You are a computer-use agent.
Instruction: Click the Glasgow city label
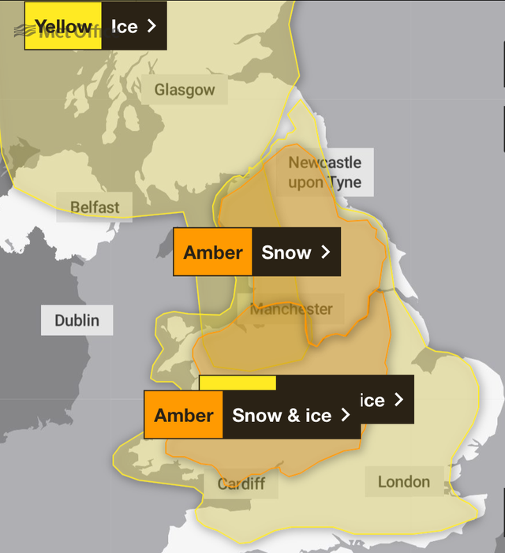click(184, 90)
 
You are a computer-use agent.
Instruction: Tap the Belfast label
click(95, 207)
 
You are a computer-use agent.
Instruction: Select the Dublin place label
click(77, 320)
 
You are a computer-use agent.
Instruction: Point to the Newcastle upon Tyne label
click(324, 173)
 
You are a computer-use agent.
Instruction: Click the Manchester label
click(291, 309)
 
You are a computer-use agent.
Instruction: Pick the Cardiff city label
click(241, 483)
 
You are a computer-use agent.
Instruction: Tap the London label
click(404, 481)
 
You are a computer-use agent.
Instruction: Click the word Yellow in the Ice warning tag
click(63, 27)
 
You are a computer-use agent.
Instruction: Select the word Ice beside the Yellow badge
click(124, 27)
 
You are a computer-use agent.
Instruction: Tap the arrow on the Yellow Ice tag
click(151, 27)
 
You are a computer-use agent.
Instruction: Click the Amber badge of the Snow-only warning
click(213, 252)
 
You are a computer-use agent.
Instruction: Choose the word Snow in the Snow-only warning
click(286, 252)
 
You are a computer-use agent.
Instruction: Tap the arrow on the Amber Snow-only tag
click(324, 252)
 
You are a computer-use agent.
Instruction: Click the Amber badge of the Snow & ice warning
click(184, 416)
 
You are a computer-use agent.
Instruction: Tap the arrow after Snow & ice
click(345, 416)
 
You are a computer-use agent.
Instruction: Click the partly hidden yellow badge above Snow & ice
click(238, 383)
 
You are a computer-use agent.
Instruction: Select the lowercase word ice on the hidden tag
click(372, 400)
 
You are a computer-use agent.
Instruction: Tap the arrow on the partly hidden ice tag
click(398, 400)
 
